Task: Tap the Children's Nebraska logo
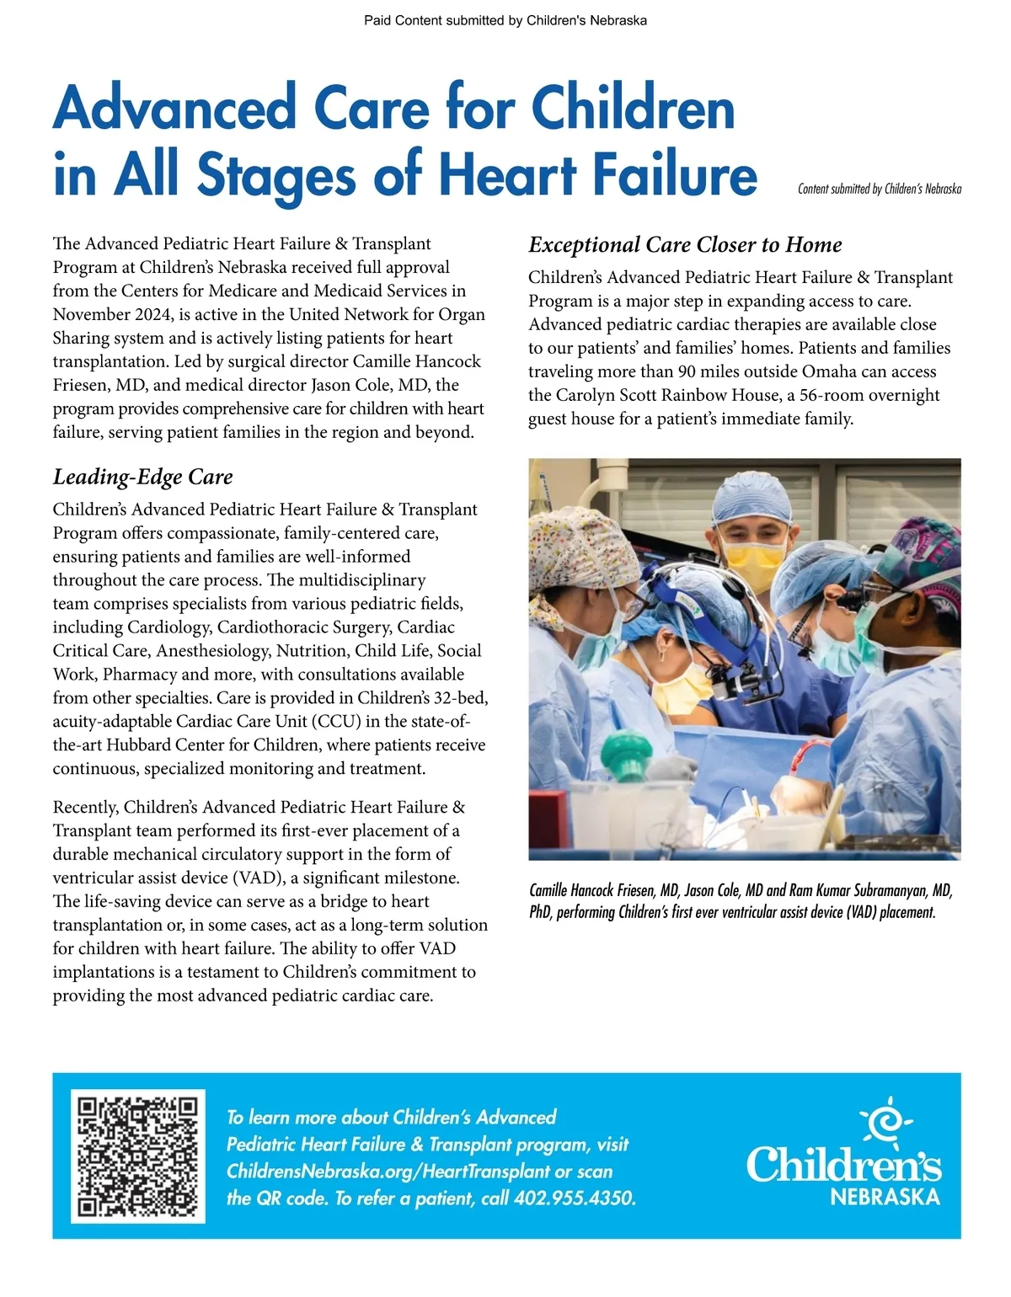843,1155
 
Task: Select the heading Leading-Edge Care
142,477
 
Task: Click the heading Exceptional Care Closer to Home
685,245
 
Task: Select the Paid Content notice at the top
505,20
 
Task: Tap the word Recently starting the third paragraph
85,807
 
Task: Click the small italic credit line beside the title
879,189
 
